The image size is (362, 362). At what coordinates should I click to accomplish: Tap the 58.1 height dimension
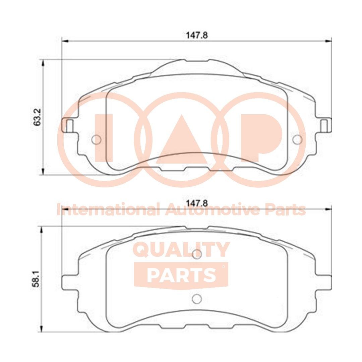pyautogui.click(x=37, y=278)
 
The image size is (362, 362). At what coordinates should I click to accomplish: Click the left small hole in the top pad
pyautogui.click(x=96, y=140)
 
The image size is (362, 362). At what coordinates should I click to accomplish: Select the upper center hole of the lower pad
pyautogui.click(x=197, y=254)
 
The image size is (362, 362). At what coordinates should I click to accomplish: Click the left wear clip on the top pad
pyautogui.click(x=69, y=125)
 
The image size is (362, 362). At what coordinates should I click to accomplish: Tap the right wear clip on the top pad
pyautogui.click(x=324, y=125)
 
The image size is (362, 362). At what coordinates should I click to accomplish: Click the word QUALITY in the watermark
pyautogui.click(x=181, y=250)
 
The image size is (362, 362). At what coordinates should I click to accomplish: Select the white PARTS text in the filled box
pyautogui.click(x=181, y=275)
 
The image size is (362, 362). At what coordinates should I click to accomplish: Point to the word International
pyautogui.click(x=107, y=210)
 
